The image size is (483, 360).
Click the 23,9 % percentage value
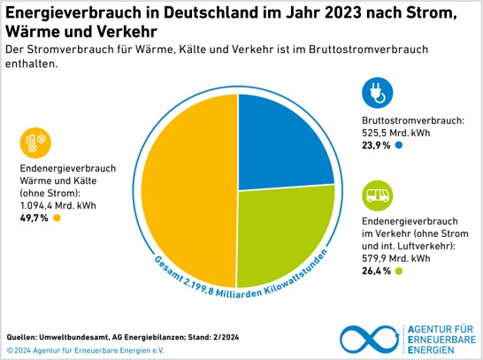(x=377, y=145)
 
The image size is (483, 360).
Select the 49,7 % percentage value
(x=34, y=218)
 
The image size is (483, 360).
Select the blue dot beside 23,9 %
(x=399, y=145)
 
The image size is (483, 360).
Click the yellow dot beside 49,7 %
(x=56, y=218)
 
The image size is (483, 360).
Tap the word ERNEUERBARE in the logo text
(x=443, y=340)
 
